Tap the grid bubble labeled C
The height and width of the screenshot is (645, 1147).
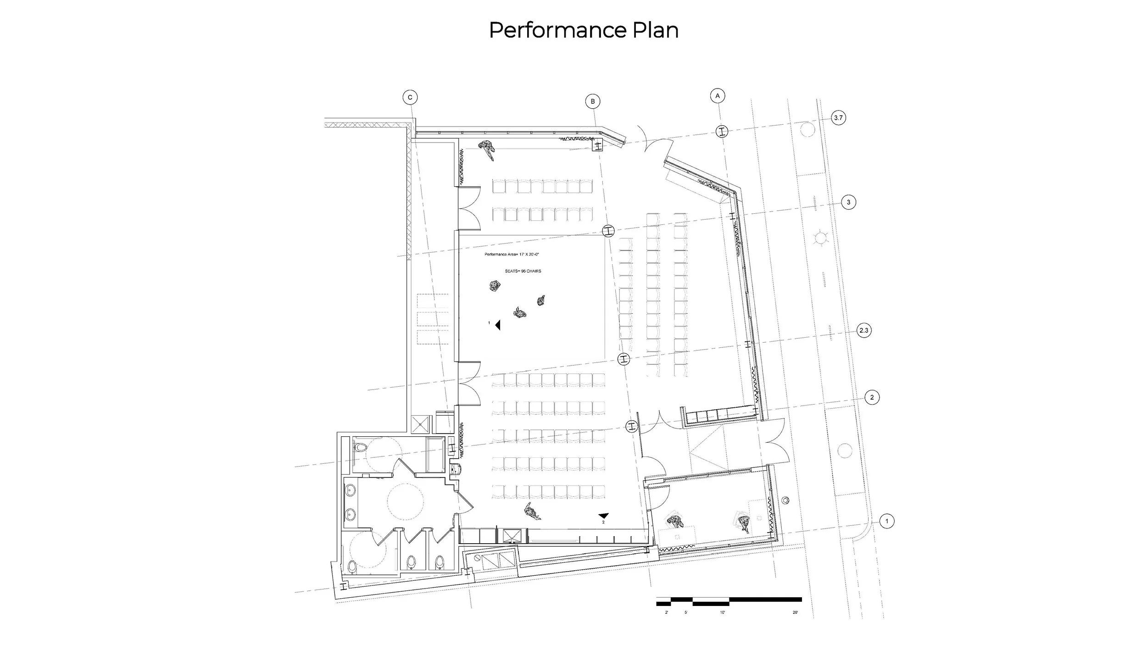410,97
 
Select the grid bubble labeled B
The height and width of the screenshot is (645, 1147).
593,101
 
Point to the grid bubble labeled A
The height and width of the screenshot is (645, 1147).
718,96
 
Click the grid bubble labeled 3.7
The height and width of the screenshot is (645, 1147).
838,118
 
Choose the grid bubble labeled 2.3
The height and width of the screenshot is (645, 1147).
864,330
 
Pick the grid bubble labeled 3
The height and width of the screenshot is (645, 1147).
848,202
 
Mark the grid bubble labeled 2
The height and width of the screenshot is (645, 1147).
872,397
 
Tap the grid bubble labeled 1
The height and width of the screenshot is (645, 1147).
887,521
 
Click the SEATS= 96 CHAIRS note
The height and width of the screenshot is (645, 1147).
523,271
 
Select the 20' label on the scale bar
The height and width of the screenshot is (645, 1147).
795,612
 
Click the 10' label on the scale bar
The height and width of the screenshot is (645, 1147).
722,612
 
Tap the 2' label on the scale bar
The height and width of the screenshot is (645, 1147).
667,612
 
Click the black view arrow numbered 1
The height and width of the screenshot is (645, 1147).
497,325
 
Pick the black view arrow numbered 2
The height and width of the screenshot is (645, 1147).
603,516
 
